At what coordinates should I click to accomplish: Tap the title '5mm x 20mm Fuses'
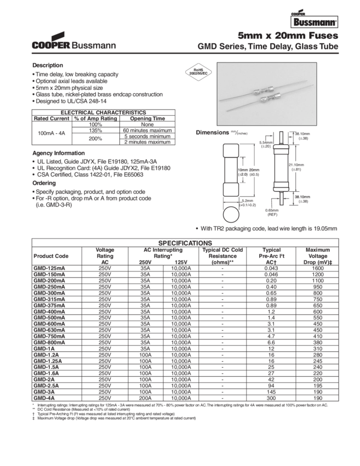287,35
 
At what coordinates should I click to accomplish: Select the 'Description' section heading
48,65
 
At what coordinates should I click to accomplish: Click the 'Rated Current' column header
51,118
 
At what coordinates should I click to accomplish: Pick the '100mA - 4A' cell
51,133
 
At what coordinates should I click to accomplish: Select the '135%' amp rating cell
96,129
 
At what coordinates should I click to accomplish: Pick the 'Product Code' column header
51,256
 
